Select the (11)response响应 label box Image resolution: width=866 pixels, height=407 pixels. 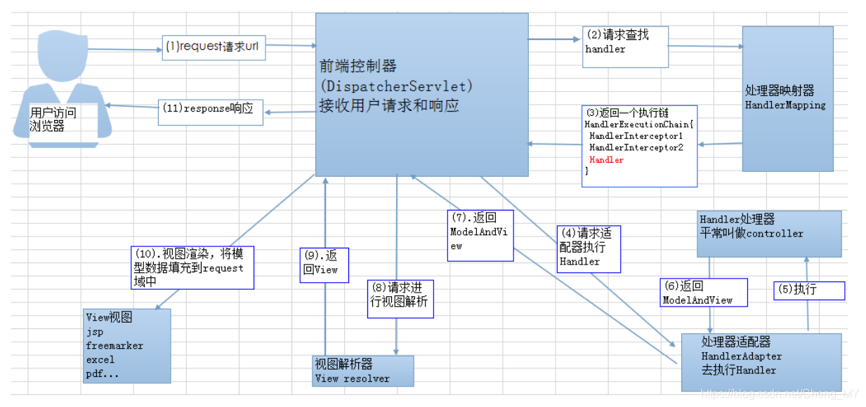(x=210, y=112)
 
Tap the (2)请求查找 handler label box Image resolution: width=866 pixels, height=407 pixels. (x=625, y=46)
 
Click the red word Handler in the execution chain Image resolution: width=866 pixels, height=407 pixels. (x=606, y=160)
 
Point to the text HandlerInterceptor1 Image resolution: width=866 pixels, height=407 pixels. (x=636, y=135)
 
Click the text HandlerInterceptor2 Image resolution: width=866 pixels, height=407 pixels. (x=636, y=147)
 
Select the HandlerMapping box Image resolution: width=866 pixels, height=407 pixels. (x=787, y=98)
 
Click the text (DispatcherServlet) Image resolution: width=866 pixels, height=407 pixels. (x=396, y=86)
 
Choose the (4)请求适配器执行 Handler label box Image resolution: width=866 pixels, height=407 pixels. (x=589, y=248)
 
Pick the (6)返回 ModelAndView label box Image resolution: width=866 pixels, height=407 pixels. (x=703, y=293)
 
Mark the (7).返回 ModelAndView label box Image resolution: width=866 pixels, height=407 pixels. (x=480, y=235)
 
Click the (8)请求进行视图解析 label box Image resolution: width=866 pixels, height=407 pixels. (x=400, y=298)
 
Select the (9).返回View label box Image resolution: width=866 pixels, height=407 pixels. (x=324, y=265)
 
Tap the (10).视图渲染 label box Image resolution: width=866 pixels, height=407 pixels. (x=192, y=267)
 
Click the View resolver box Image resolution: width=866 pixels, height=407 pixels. (x=362, y=371)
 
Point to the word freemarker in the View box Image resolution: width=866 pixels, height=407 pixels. (x=114, y=345)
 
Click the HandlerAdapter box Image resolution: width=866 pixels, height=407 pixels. (x=761, y=362)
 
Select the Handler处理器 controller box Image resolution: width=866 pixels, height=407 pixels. (x=769, y=233)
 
